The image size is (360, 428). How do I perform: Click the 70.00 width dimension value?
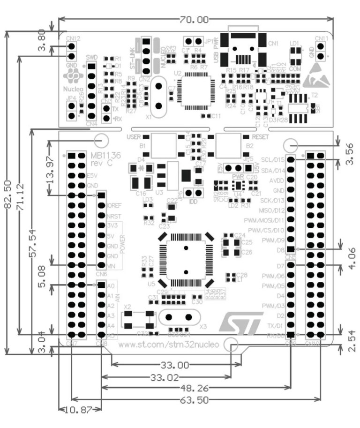click(193, 19)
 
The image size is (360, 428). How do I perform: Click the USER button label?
click(134, 137)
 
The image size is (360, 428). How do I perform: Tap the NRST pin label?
click(114, 216)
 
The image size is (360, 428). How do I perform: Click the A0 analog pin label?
click(111, 285)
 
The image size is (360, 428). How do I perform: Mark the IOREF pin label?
click(115, 206)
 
